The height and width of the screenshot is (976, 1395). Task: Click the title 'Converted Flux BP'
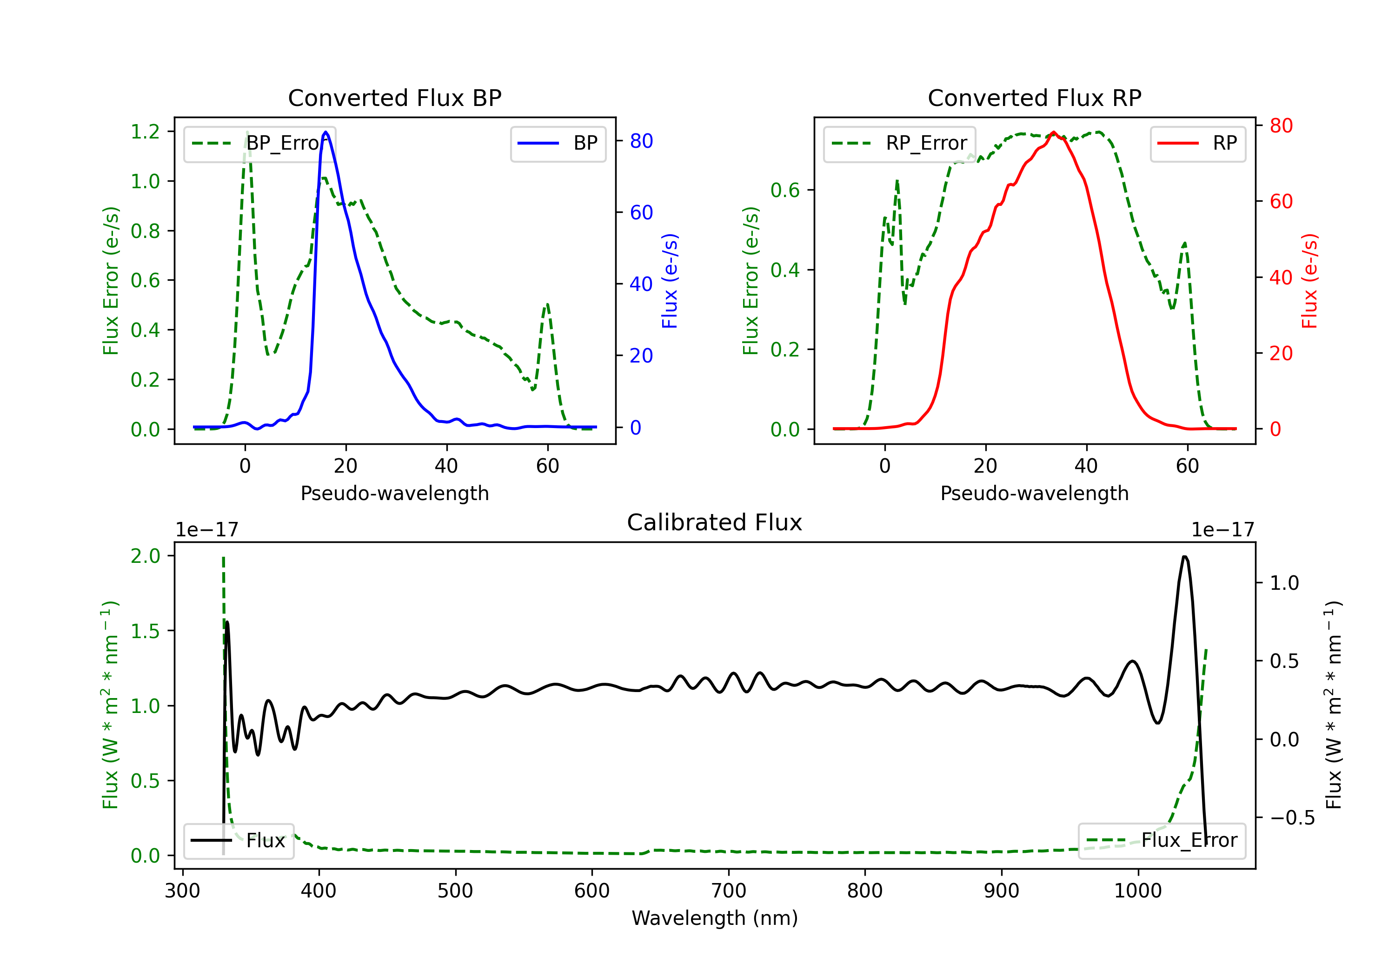tap(394, 98)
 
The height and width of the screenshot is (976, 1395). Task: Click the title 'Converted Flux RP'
tap(1034, 98)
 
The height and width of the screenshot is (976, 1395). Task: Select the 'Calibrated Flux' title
tap(715, 522)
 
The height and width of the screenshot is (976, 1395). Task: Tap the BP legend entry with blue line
tap(558, 143)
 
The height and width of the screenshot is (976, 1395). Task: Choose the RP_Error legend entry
tap(899, 143)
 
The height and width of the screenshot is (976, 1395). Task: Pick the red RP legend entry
tap(1197, 143)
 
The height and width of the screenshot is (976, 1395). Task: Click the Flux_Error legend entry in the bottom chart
tap(1162, 841)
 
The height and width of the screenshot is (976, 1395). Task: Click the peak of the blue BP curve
tap(325, 132)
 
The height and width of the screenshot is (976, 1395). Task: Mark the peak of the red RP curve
tap(1054, 132)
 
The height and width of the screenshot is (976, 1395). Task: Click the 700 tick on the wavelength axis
tap(729, 891)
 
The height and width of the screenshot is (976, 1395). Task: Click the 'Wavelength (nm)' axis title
tap(715, 918)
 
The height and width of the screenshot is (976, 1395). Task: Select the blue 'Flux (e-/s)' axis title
tap(670, 281)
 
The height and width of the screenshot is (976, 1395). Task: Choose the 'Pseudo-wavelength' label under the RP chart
tap(1034, 493)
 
